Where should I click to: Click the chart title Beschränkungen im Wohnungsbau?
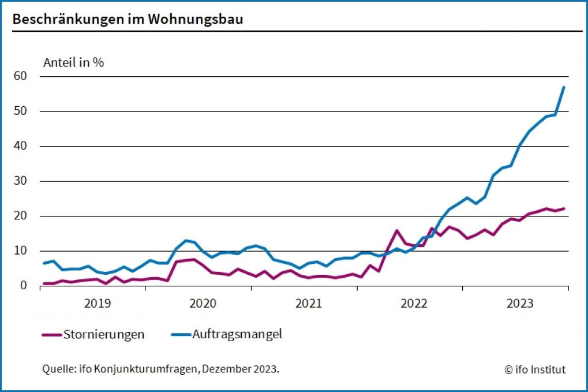coord(128,18)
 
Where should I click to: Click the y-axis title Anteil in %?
coord(73,63)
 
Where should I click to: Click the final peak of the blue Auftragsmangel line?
coord(563,87)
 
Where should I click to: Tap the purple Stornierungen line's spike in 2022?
coord(397,230)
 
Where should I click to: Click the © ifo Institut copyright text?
coord(535,369)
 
